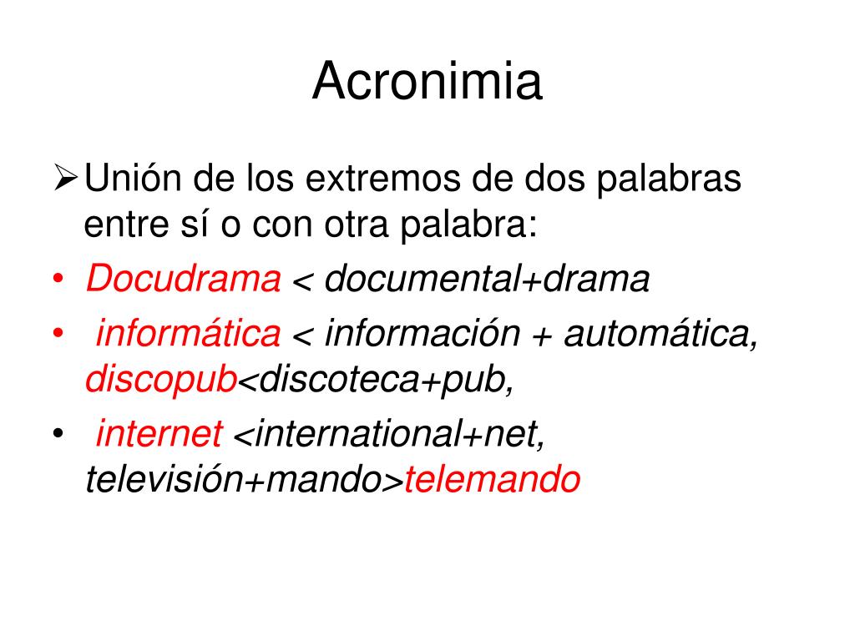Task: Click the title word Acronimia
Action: click(427, 83)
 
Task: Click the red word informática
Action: click(189, 335)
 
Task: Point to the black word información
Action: click(422, 335)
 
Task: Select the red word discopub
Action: click(161, 381)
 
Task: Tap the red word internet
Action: click(159, 435)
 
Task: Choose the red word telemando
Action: click(492, 480)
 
